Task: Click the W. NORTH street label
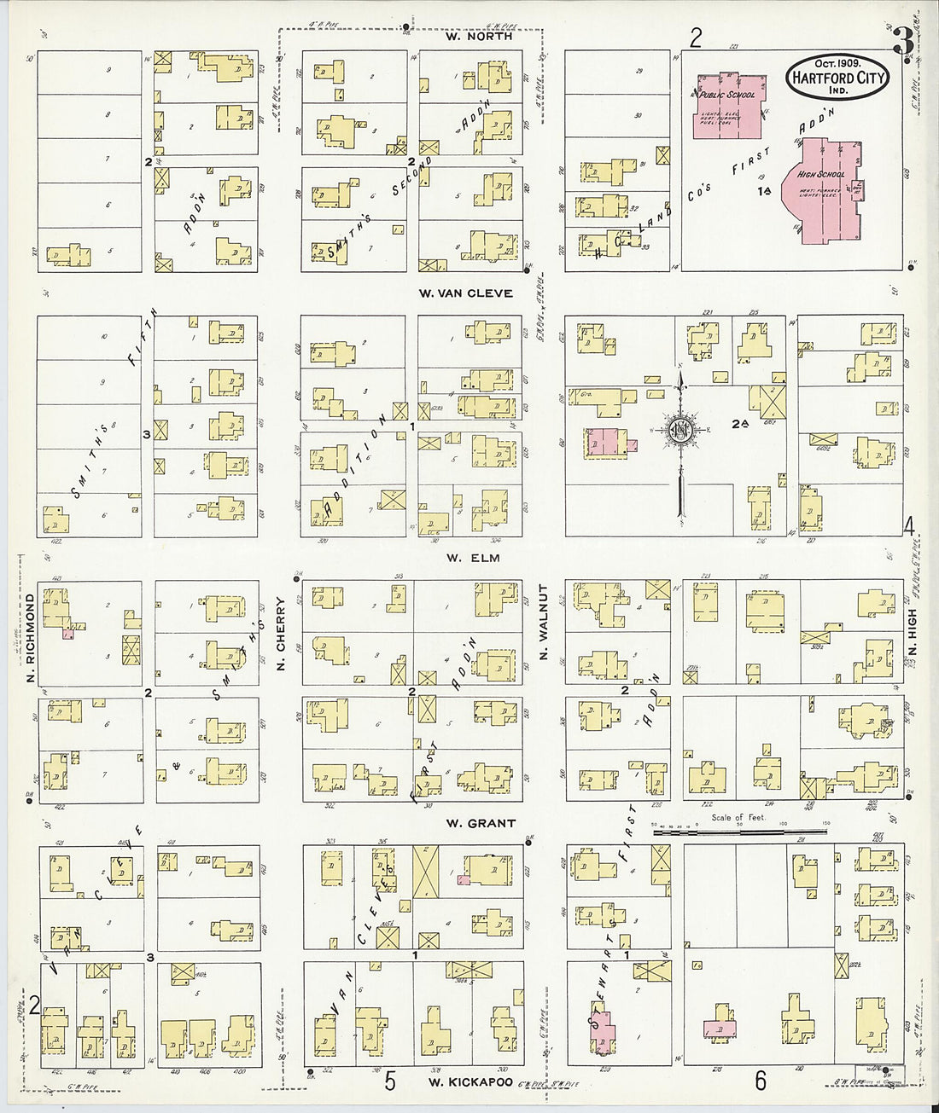point(479,37)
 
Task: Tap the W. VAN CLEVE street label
point(465,293)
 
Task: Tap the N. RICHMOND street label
point(29,632)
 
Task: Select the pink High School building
point(824,188)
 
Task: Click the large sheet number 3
point(902,39)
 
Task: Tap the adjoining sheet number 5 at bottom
point(389,1081)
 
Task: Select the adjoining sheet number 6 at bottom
point(760,1080)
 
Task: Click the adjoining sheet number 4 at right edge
point(909,525)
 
